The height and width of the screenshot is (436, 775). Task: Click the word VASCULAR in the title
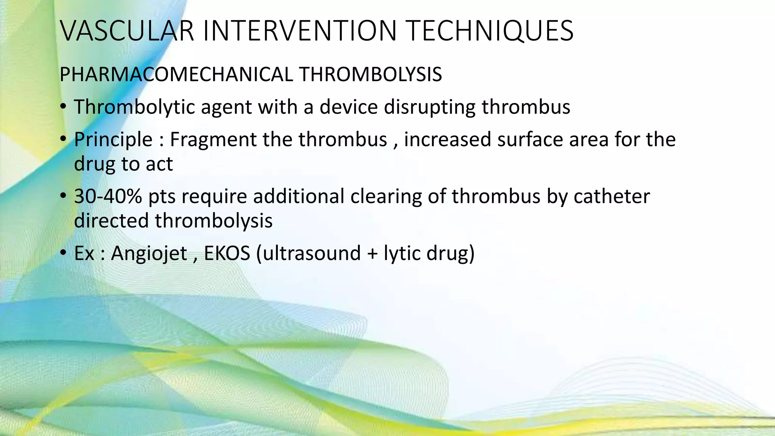click(127, 31)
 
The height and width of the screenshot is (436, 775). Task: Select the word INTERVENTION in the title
click(299, 31)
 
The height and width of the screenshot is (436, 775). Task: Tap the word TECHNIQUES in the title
click(490, 31)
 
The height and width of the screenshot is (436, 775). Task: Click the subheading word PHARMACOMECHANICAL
click(176, 74)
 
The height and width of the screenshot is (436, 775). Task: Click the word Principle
click(113, 139)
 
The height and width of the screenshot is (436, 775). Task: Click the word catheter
click(612, 196)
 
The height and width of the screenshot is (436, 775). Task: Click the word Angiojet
click(149, 253)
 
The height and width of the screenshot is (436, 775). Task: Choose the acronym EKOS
click(227, 253)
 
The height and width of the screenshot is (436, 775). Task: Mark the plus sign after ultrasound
click(372, 254)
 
